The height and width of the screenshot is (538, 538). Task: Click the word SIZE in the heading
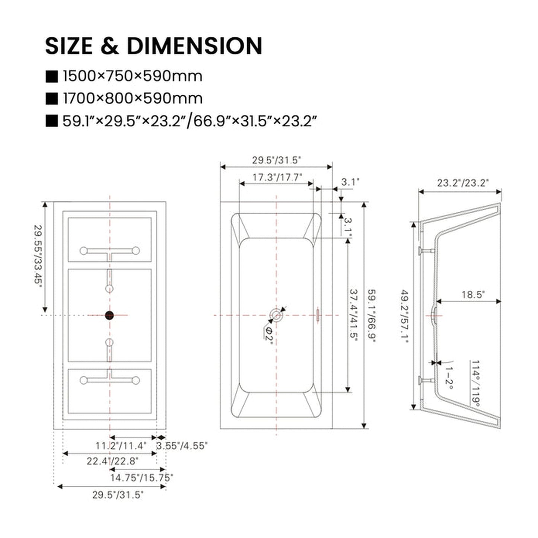[69, 46]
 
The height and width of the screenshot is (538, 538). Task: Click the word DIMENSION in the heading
[195, 46]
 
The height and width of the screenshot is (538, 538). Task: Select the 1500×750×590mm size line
[132, 76]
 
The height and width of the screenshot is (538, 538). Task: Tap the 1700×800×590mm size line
[132, 98]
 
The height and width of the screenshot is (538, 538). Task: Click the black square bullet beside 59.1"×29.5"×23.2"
[52, 121]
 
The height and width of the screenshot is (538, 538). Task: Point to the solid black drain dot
[109, 315]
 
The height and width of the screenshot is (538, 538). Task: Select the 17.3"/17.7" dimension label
[277, 177]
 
